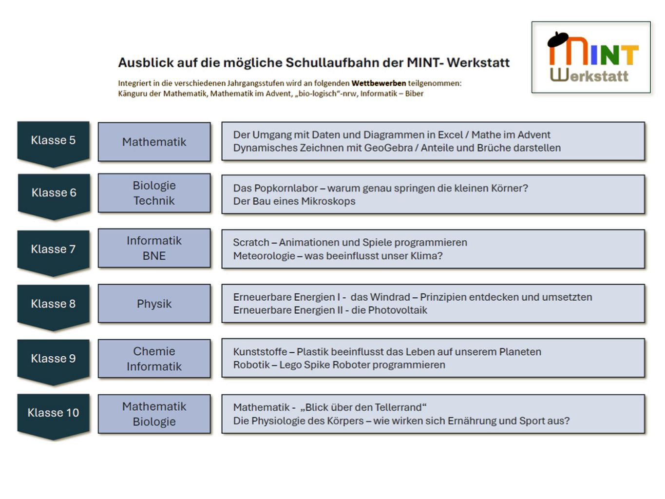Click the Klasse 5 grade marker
53,141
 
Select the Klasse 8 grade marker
53,304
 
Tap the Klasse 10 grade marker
53,413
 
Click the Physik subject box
154,304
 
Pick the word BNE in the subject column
154,256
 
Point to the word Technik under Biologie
154,201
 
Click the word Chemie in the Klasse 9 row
154,351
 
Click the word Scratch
251,242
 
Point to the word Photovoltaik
398,310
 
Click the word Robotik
251,365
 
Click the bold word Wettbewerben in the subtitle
379,83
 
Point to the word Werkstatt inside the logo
589,76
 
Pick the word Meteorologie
264,256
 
